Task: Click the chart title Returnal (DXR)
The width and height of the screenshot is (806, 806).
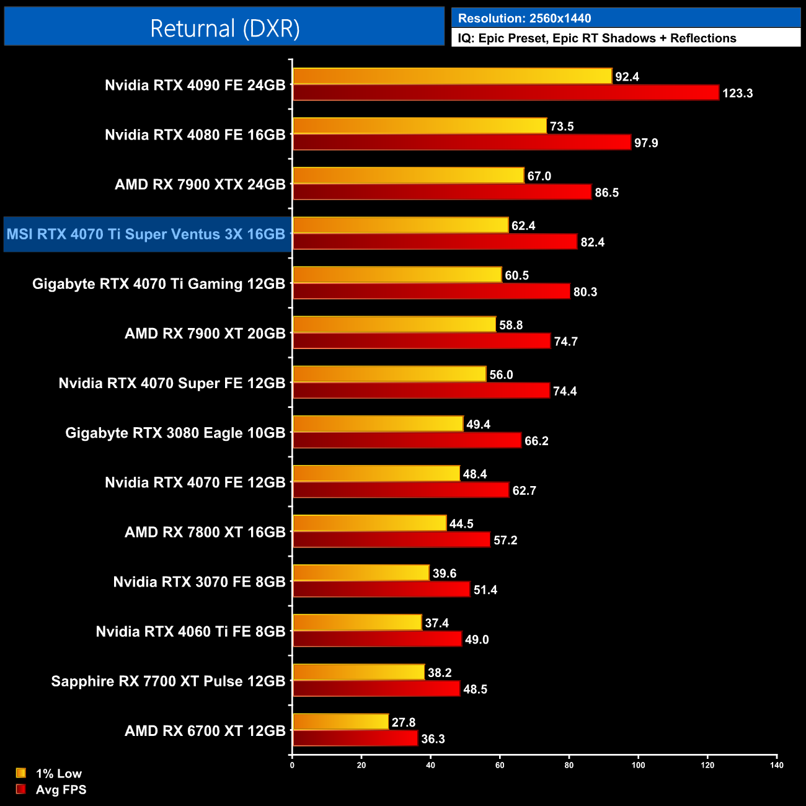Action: (224, 29)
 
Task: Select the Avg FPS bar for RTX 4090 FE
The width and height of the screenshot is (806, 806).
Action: (505, 93)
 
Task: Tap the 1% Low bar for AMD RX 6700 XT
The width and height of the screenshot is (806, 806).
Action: (340, 722)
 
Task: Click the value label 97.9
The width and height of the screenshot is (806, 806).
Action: (646, 143)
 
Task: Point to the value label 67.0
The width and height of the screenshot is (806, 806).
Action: (539, 176)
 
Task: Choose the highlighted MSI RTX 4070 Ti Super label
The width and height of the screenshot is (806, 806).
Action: (146, 234)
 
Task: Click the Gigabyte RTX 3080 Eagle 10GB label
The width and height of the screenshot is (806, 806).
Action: (175, 433)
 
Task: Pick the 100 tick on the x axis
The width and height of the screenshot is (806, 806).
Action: (638, 765)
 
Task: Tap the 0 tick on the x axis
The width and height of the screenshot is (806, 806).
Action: (292, 765)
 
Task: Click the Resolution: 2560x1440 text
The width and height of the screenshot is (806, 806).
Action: (525, 19)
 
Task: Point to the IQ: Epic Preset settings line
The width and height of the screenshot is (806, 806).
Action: (597, 38)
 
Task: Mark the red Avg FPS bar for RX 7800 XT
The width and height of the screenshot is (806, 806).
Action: (391, 540)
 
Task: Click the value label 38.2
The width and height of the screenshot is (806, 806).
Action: (440, 673)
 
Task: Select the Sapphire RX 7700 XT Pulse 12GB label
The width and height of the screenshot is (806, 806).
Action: (168, 681)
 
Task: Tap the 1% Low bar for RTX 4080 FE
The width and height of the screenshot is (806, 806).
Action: (420, 126)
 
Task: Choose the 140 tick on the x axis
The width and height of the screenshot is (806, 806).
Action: (777, 765)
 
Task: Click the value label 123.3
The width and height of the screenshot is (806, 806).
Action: (738, 94)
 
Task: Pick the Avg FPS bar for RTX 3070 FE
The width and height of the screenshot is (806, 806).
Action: (381, 590)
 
